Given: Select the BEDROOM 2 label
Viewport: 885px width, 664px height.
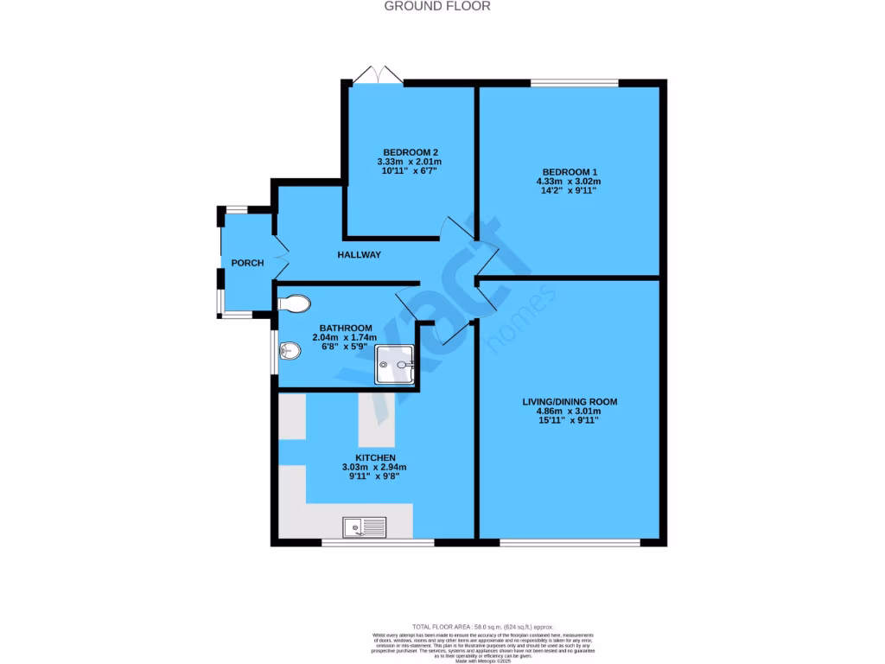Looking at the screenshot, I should [409, 151].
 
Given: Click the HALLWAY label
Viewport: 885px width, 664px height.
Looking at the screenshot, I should [359, 254].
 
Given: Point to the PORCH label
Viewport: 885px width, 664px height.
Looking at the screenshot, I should [246, 263].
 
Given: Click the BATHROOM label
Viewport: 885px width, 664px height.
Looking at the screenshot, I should [346, 328].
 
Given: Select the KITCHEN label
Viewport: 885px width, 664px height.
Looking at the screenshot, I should [375, 457].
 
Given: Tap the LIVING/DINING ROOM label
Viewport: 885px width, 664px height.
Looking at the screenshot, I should [569, 402].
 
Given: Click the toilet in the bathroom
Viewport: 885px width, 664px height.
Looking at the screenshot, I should [295, 303].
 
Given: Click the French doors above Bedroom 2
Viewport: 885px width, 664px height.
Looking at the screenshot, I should [378, 76].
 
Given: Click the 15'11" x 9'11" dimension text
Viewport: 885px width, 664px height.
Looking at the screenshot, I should [569, 422].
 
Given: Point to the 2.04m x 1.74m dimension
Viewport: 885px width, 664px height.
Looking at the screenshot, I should [346, 337].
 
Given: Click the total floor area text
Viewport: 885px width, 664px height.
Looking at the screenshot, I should [483, 626].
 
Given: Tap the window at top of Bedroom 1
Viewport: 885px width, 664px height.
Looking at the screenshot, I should [574, 83].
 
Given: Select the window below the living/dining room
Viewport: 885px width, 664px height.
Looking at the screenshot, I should [570, 542].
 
